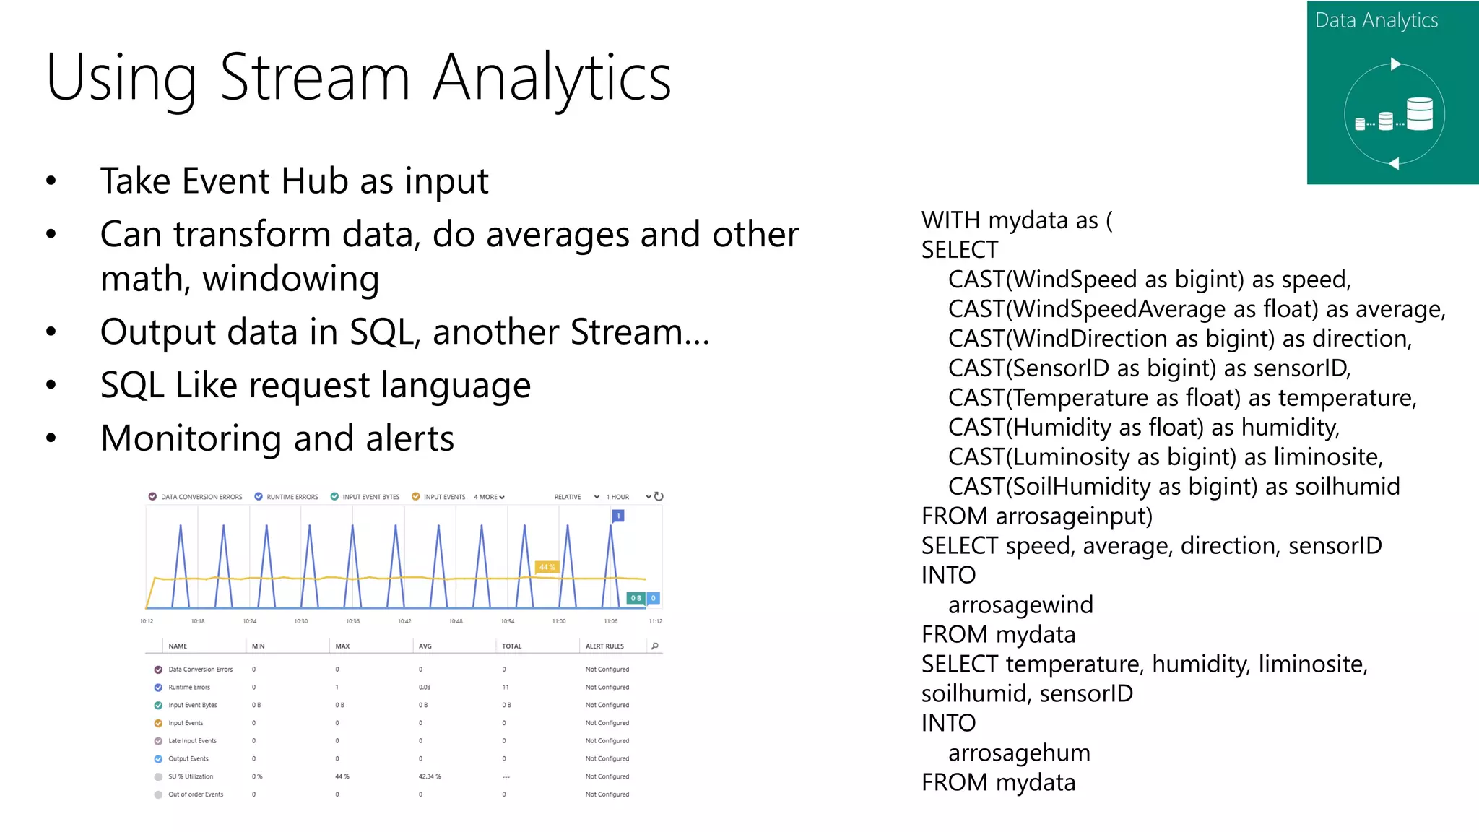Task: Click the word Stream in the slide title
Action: click(x=315, y=78)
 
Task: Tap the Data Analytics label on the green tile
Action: click(x=1376, y=21)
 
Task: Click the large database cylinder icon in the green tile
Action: click(x=1419, y=114)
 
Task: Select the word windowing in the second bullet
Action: click(x=290, y=279)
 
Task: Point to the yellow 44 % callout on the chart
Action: click(x=547, y=567)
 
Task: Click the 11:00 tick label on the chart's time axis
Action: click(x=559, y=621)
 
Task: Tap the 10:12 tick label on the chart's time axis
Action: click(x=147, y=621)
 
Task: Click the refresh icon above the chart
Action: click(x=659, y=496)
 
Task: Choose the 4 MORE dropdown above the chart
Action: click(x=489, y=497)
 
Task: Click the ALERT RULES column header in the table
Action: click(x=604, y=646)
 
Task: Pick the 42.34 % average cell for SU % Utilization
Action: click(x=429, y=776)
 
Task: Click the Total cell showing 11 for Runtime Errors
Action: click(x=506, y=687)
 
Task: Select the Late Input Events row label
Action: click(x=192, y=741)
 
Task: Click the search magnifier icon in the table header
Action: click(x=655, y=646)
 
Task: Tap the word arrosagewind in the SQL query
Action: click(x=1020, y=604)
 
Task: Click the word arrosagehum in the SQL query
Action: click(x=1019, y=753)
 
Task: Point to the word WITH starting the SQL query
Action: click(x=950, y=220)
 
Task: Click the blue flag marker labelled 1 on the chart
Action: click(x=618, y=516)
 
